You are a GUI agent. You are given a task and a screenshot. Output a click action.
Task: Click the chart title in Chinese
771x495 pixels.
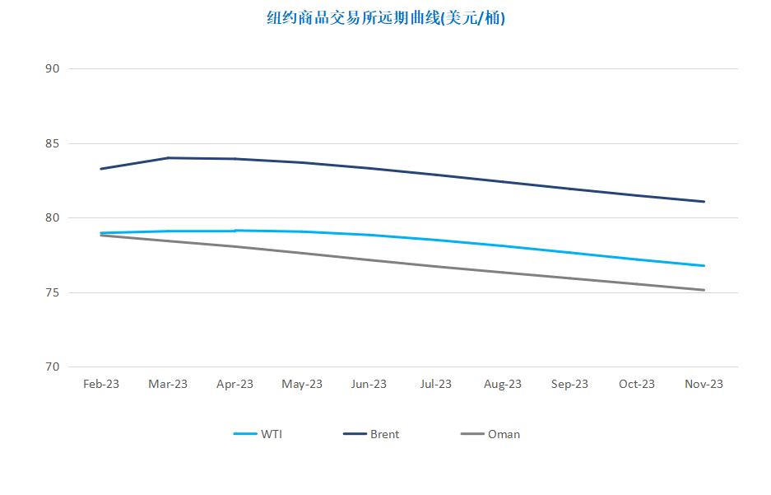pyautogui.click(x=386, y=18)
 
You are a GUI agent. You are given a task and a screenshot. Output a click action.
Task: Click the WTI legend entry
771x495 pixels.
pyautogui.click(x=258, y=434)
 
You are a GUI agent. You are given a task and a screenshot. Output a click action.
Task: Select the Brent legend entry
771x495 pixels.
pyautogui.click(x=371, y=434)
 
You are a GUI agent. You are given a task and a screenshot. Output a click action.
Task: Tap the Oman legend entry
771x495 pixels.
pyautogui.click(x=490, y=434)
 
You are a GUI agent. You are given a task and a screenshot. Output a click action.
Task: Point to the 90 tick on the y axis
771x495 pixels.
pyautogui.click(x=52, y=69)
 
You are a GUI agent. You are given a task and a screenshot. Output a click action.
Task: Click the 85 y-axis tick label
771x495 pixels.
pyautogui.click(x=52, y=143)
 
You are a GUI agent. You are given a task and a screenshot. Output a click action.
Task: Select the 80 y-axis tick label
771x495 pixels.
pyautogui.click(x=52, y=217)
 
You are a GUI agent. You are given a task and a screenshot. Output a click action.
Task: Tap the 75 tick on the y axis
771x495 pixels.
pyautogui.click(x=52, y=292)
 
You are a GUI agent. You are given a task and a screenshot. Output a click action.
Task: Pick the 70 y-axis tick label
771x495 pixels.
pyautogui.click(x=52, y=367)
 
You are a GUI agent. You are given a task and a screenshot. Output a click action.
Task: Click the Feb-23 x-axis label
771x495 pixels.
pyautogui.click(x=101, y=384)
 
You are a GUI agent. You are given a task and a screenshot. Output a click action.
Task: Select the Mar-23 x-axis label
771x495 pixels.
pyautogui.click(x=168, y=384)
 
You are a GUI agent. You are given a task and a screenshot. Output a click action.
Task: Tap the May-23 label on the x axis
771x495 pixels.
pyautogui.click(x=302, y=385)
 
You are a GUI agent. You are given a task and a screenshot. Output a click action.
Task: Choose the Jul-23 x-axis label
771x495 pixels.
pyautogui.click(x=435, y=384)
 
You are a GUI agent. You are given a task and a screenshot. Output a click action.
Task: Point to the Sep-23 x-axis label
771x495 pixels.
pyautogui.click(x=569, y=385)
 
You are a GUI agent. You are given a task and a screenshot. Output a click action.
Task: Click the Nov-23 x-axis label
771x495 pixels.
pyautogui.click(x=704, y=384)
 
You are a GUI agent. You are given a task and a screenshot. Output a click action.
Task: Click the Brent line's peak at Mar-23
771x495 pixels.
pyautogui.click(x=168, y=158)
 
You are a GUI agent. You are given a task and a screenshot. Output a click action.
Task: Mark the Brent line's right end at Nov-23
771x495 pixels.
pyautogui.click(x=704, y=202)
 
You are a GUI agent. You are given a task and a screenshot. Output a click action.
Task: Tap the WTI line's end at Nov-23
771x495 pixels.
pyautogui.click(x=704, y=266)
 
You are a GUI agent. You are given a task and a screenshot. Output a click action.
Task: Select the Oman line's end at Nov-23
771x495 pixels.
pyautogui.click(x=704, y=290)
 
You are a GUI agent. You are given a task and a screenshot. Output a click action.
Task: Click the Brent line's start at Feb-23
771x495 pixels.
pyautogui.click(x=101, y=169)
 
